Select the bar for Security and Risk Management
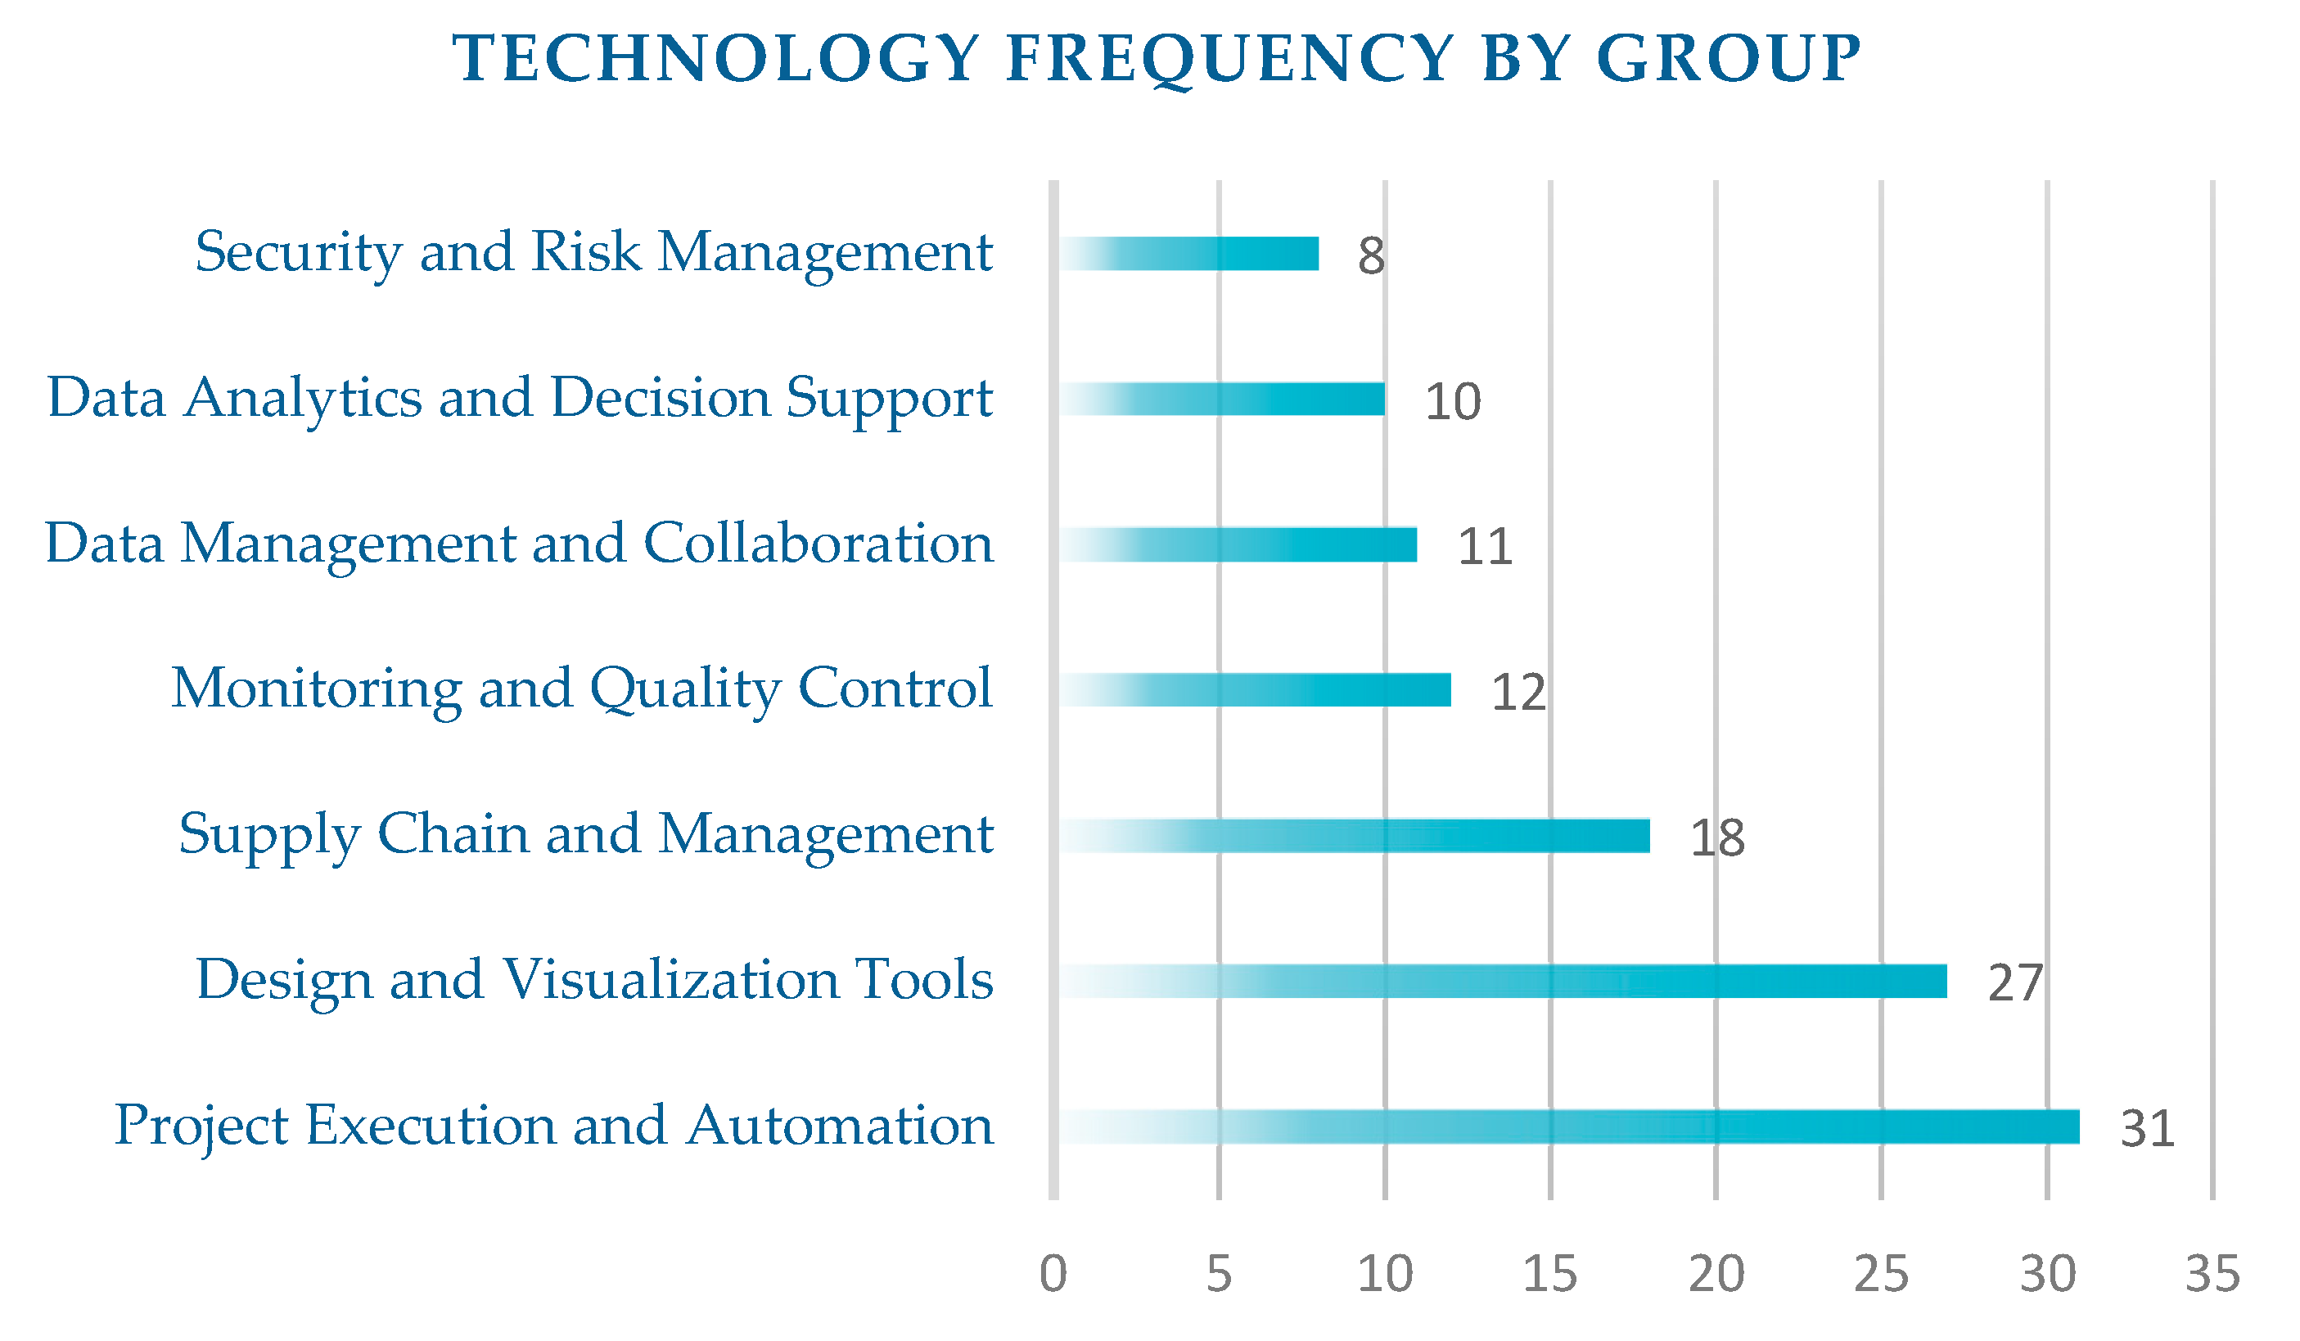[1188, 254]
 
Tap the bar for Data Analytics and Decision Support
[1221, 399]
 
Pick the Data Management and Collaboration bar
[1238, 545]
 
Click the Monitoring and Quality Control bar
[1255, 690]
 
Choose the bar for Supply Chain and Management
[1355, 836]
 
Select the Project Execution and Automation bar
[1569, 1127]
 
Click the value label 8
[1371, 255]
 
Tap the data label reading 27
[2015, 983]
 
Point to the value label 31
[2148, 1129]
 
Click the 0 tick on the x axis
[1053, 1275]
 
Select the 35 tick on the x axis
[2212, 1275]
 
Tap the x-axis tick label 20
[1716, 1275]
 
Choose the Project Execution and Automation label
[554, 1127]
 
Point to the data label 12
[1518, 692]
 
